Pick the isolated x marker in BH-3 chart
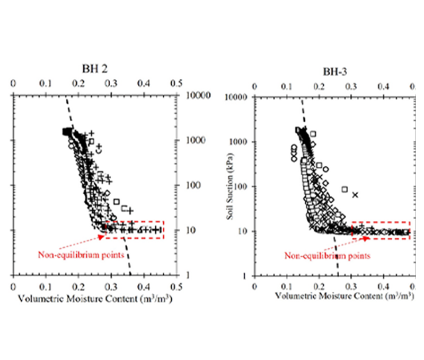click(x=355, y=195)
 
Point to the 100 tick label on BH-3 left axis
click(x=241, y=186)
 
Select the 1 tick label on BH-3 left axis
click(x=245, y=276)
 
